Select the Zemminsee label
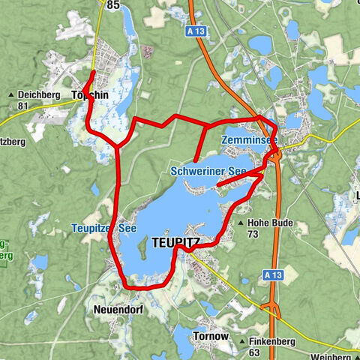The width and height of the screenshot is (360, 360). tap(249, 140)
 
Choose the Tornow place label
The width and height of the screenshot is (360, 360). tap(211, 336)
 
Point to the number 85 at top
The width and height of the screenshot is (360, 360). tap(113, 5)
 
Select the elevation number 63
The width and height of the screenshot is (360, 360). tap(253, 352)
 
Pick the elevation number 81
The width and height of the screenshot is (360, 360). tap(22, 106)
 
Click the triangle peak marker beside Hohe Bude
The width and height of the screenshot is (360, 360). tap(240, 223)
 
